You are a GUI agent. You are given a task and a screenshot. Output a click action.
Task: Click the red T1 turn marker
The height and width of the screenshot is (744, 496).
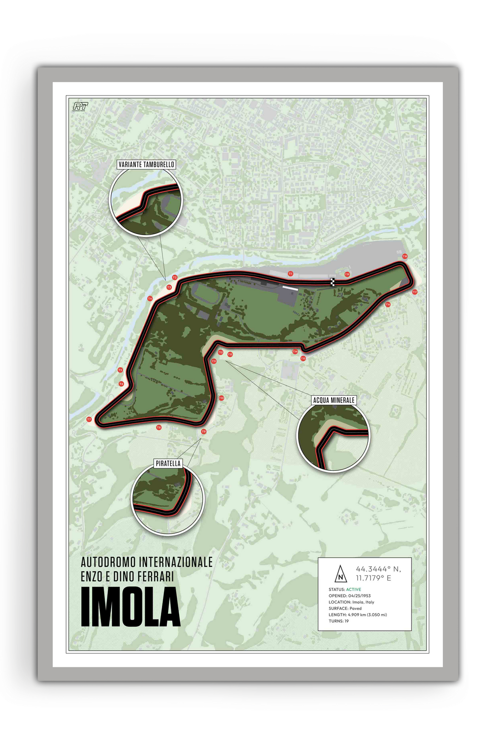pos(290,274)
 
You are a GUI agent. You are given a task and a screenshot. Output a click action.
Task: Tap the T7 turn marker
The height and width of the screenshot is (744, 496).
pos(89,419)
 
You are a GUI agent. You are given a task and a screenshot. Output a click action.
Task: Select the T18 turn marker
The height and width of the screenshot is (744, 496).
pos(405,256)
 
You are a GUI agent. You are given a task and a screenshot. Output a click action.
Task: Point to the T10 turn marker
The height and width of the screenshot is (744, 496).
pos(221,398)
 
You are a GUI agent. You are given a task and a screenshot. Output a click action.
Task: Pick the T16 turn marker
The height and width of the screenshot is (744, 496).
pos(388,304)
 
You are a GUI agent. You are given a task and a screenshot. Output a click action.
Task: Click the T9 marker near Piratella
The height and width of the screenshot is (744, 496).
pos(204,431)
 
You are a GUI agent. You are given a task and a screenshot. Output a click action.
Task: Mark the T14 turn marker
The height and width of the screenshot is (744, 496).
pos(295,351)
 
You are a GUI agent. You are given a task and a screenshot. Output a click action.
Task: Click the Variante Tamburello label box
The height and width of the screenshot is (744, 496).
pos(146,164)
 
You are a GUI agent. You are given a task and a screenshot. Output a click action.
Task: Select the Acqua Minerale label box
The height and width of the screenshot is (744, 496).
pos(334,400)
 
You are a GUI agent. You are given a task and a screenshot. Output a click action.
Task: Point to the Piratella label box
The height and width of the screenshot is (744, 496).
pos(168,463)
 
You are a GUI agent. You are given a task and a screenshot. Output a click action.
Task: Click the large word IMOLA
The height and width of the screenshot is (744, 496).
pos(130,607)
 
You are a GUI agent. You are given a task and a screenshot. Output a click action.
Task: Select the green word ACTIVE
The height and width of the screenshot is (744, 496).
pos(354,589)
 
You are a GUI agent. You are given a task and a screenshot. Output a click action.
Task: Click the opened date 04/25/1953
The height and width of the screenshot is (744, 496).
pos(360,596)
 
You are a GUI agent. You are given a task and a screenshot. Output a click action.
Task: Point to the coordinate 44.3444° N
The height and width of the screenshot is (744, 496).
pos(378,569)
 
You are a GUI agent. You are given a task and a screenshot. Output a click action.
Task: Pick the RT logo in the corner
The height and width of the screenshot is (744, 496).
pos(80,106)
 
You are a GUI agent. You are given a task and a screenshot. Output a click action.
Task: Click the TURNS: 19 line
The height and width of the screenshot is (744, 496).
pos(338,621)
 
